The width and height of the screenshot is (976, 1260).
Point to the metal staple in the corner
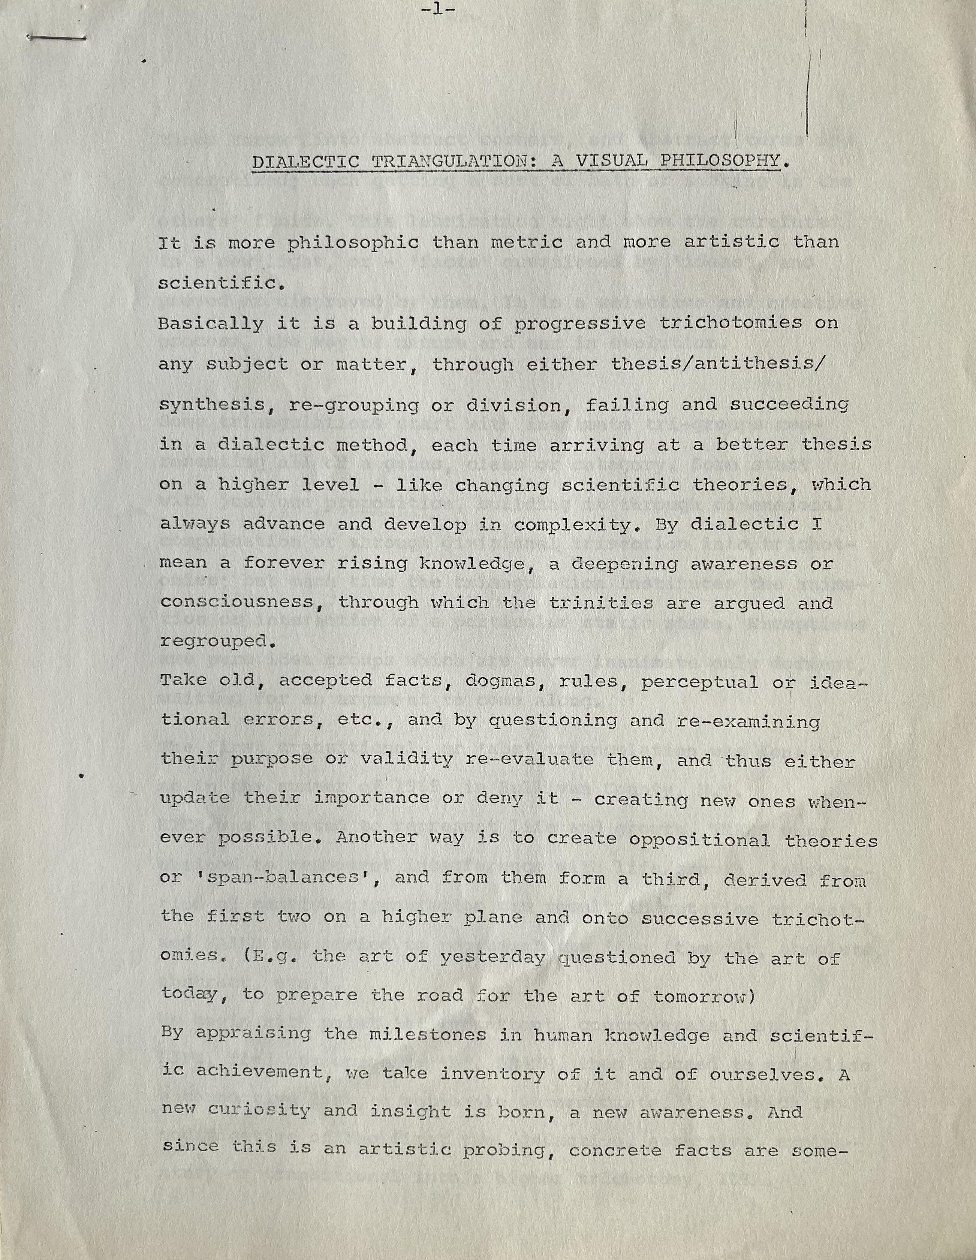click(57, 38)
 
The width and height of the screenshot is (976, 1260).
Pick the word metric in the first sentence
click(526, 243)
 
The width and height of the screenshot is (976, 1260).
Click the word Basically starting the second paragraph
click(211, 324)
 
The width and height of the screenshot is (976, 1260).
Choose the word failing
click(627, 405)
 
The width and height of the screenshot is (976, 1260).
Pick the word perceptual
click(699, 682)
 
